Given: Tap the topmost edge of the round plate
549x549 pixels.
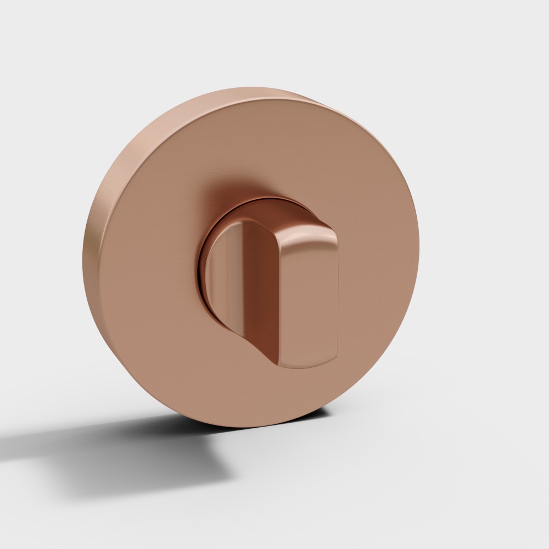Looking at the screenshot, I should tap(258, 88).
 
